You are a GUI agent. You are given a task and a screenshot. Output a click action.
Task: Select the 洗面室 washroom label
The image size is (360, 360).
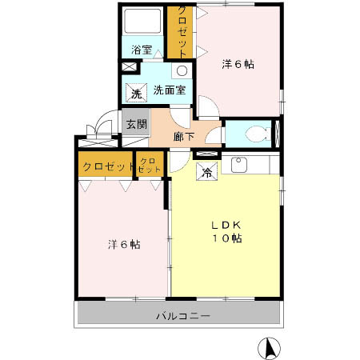[170, 90]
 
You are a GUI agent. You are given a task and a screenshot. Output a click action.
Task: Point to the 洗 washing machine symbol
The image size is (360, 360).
[136, 92]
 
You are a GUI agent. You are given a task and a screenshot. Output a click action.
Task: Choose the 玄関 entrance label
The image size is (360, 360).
[136, 125]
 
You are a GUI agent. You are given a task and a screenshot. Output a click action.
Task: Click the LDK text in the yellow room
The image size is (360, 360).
[226, 224]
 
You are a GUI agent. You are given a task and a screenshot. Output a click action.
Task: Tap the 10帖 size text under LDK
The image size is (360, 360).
[226, 238]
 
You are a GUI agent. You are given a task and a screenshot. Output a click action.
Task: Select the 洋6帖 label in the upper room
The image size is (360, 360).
[238, 65]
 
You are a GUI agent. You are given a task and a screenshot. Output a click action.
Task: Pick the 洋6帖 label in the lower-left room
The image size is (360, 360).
[124, 244]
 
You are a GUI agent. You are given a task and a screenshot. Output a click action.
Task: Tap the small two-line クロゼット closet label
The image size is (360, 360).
[149, 166]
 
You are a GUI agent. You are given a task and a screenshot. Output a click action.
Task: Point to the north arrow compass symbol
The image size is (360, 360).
[270, 348]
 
